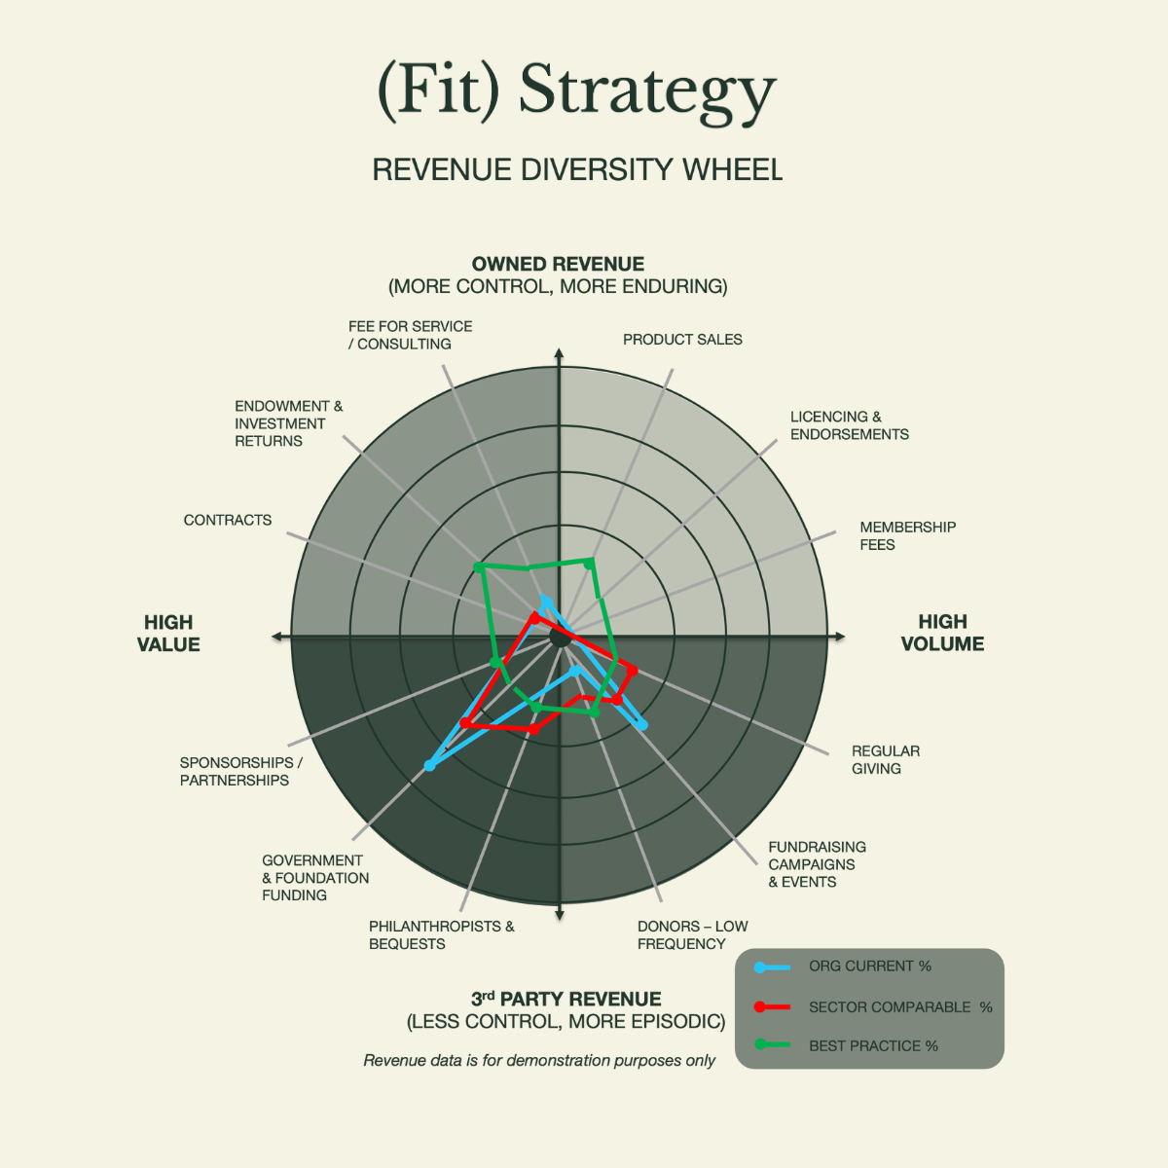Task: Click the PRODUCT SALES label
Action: (682, 340)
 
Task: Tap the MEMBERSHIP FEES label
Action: (907, 535)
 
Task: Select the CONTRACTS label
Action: (228, 520)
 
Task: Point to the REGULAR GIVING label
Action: (885, 759)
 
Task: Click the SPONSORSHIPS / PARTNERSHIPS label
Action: (240, 771)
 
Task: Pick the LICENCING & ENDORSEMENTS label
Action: (849, 425)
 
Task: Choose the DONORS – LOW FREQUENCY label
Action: (692, 934)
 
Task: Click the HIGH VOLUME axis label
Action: (942, 633)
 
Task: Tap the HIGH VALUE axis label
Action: (168, 633)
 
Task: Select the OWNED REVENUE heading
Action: (558, 264)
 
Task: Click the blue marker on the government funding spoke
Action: (430, 766)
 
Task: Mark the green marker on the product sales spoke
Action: (589, 562)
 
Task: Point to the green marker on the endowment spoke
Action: (478, 566)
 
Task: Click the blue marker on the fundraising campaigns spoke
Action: (641, 725)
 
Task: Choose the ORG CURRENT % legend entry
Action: (869, 967)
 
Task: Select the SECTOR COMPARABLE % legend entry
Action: (899, 1007)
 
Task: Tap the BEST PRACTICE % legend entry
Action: (873, 1045)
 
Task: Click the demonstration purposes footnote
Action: (539, 1060)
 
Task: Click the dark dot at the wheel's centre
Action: (560, 637)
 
